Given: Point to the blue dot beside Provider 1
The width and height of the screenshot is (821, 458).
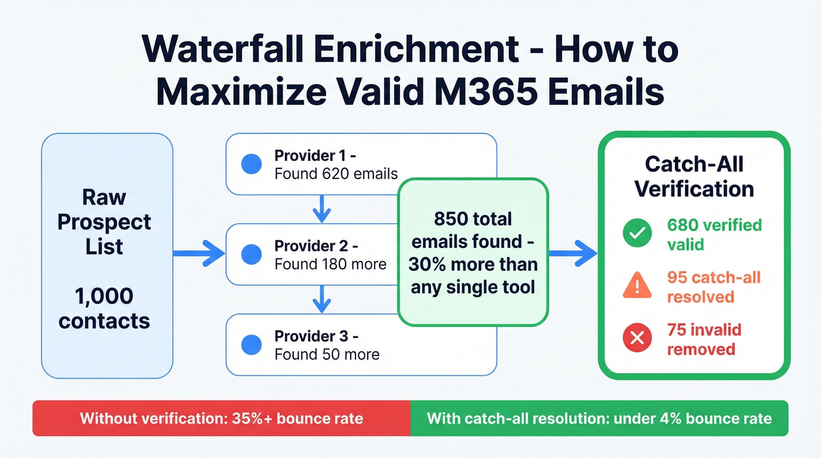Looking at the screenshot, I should [251, 165].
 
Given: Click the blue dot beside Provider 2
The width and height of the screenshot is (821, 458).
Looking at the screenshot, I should [251, 253].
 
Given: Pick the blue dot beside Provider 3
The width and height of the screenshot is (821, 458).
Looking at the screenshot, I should [251, 344].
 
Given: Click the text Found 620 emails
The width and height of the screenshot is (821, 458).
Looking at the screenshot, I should [335, 174].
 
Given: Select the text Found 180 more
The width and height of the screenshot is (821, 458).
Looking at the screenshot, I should [330, 264].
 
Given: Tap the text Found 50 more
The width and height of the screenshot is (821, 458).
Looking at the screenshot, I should [327, 354].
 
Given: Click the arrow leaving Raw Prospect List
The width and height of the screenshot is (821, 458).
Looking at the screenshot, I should [199, 253].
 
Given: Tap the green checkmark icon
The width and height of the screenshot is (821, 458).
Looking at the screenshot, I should [636, 233].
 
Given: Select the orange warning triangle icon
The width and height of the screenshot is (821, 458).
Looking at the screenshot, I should [636, 286].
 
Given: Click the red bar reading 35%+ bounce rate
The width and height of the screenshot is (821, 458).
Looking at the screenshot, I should [221, 418].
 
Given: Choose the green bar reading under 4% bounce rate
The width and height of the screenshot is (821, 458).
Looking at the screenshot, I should [599, 418].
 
